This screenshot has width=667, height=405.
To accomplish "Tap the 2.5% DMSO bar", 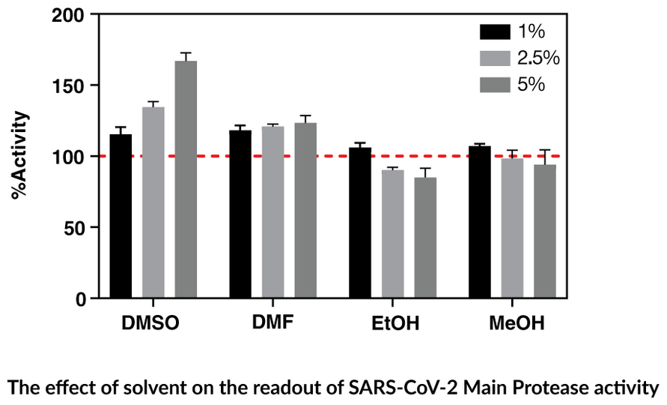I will coord(153,202).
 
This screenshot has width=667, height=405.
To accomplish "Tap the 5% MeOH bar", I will coord(545,232).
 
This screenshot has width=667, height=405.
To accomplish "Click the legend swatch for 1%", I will coord(494,31).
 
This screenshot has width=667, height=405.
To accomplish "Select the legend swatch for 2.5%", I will coord(494,58).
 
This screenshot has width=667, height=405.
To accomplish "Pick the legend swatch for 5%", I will coord(494,84).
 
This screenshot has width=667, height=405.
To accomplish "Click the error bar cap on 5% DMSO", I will coord(186,53).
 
